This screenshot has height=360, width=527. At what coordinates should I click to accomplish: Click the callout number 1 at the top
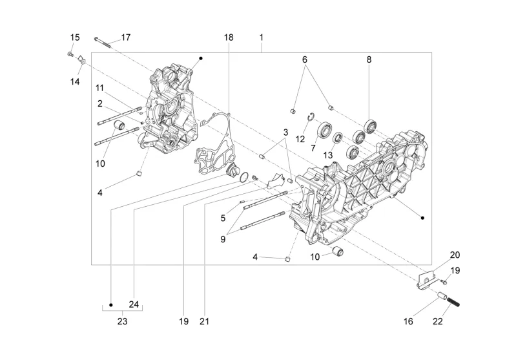(262, 37)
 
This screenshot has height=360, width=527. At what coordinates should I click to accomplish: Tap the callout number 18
(229, 37)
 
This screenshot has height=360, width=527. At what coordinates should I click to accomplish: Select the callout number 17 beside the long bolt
(125, 37)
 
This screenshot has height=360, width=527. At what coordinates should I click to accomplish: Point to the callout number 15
(75, 37)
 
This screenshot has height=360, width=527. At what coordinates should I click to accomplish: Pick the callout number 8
(369, 59)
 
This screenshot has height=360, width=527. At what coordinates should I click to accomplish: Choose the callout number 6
(305, 59)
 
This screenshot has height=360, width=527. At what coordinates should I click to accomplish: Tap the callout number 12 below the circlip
(300, 139)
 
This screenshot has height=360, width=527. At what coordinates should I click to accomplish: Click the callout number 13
(329, 154)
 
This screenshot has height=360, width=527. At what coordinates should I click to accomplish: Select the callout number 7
(313, 148)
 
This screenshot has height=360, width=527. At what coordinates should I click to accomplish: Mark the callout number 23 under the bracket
(123, 321)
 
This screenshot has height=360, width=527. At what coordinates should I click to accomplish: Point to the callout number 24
(134, 304)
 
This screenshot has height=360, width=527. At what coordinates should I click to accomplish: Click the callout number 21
(205, 321)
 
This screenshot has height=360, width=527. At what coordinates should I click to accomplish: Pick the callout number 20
(455, 255)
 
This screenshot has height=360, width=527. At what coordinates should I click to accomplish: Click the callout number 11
(101, 88)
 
